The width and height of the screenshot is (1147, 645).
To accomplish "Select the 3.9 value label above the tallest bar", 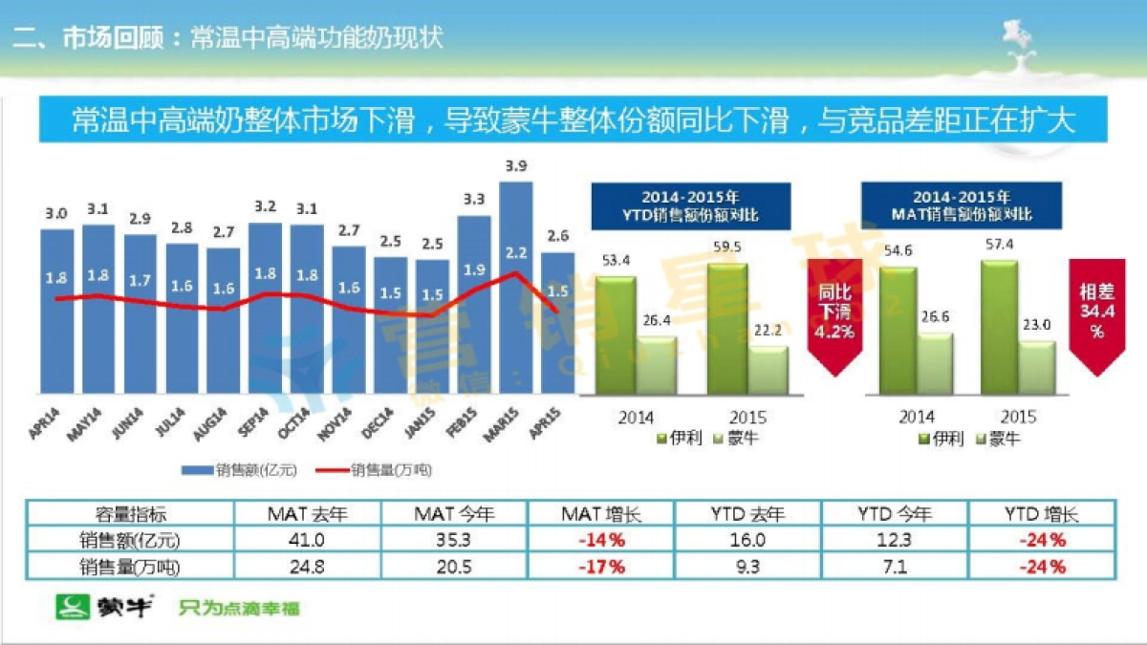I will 515,166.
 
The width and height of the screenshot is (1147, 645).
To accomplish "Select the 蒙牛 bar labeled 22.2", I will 768,370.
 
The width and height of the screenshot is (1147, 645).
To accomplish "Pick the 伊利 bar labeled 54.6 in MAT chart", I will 898,330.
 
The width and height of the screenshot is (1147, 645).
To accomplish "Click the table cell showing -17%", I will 600,567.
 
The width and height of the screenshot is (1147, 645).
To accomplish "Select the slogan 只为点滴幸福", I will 238,608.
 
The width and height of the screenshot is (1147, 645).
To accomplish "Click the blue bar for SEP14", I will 265,308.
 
